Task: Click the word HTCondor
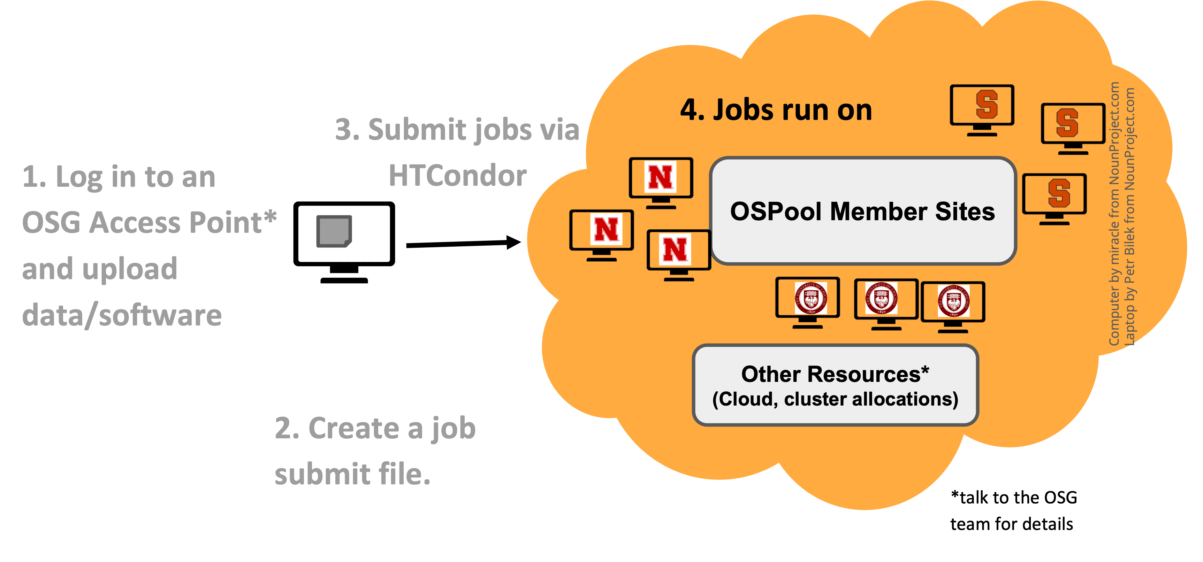(x=457, y=176)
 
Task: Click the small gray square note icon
(x=334, y=231)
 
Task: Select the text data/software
(x=121, y=316)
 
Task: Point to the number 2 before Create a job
(x=283, y=429)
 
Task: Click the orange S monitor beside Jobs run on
(x=982, y=107)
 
